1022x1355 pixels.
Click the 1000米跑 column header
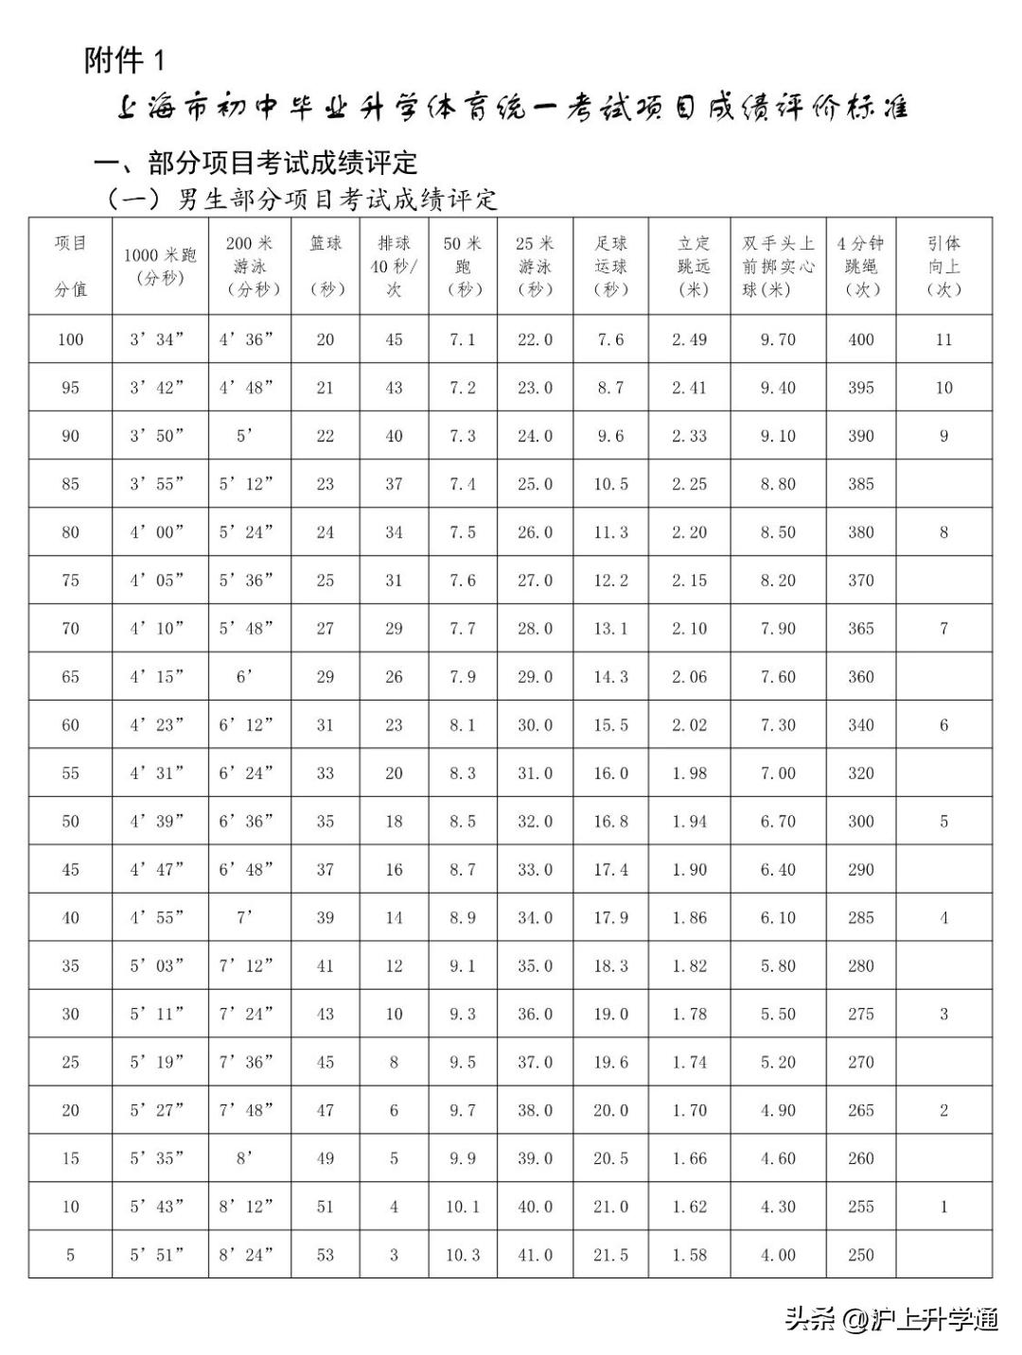click(x=160, y=266)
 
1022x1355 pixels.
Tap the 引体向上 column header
click(x=943, y=266)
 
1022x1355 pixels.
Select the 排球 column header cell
click(x=394, y=266)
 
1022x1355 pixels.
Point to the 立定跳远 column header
click(x=693, y=266)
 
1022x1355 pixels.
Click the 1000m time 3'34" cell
click(x=157, y=339)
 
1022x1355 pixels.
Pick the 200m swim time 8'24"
click(x=246, y=1255)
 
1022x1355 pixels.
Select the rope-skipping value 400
click(x=861, y=339)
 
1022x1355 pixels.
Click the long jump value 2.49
click(x=689, y=339)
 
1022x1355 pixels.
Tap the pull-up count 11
click(x=943, y=339)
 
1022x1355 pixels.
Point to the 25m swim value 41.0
click(x=535, y=1255)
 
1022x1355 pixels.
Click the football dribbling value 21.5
click(x=610, y=1255)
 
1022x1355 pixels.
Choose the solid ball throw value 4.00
click(x=778, y=1255)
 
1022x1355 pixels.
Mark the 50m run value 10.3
click(x=463, y=1255)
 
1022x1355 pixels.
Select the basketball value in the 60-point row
click(x=325, y=725)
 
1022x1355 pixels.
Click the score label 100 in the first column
click(x=70, y=339)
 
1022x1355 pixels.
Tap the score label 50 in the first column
click(x=70, y=822)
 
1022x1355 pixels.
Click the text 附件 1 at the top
click(x=124, y=61)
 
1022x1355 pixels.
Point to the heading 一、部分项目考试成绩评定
click(x=255, y=163)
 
